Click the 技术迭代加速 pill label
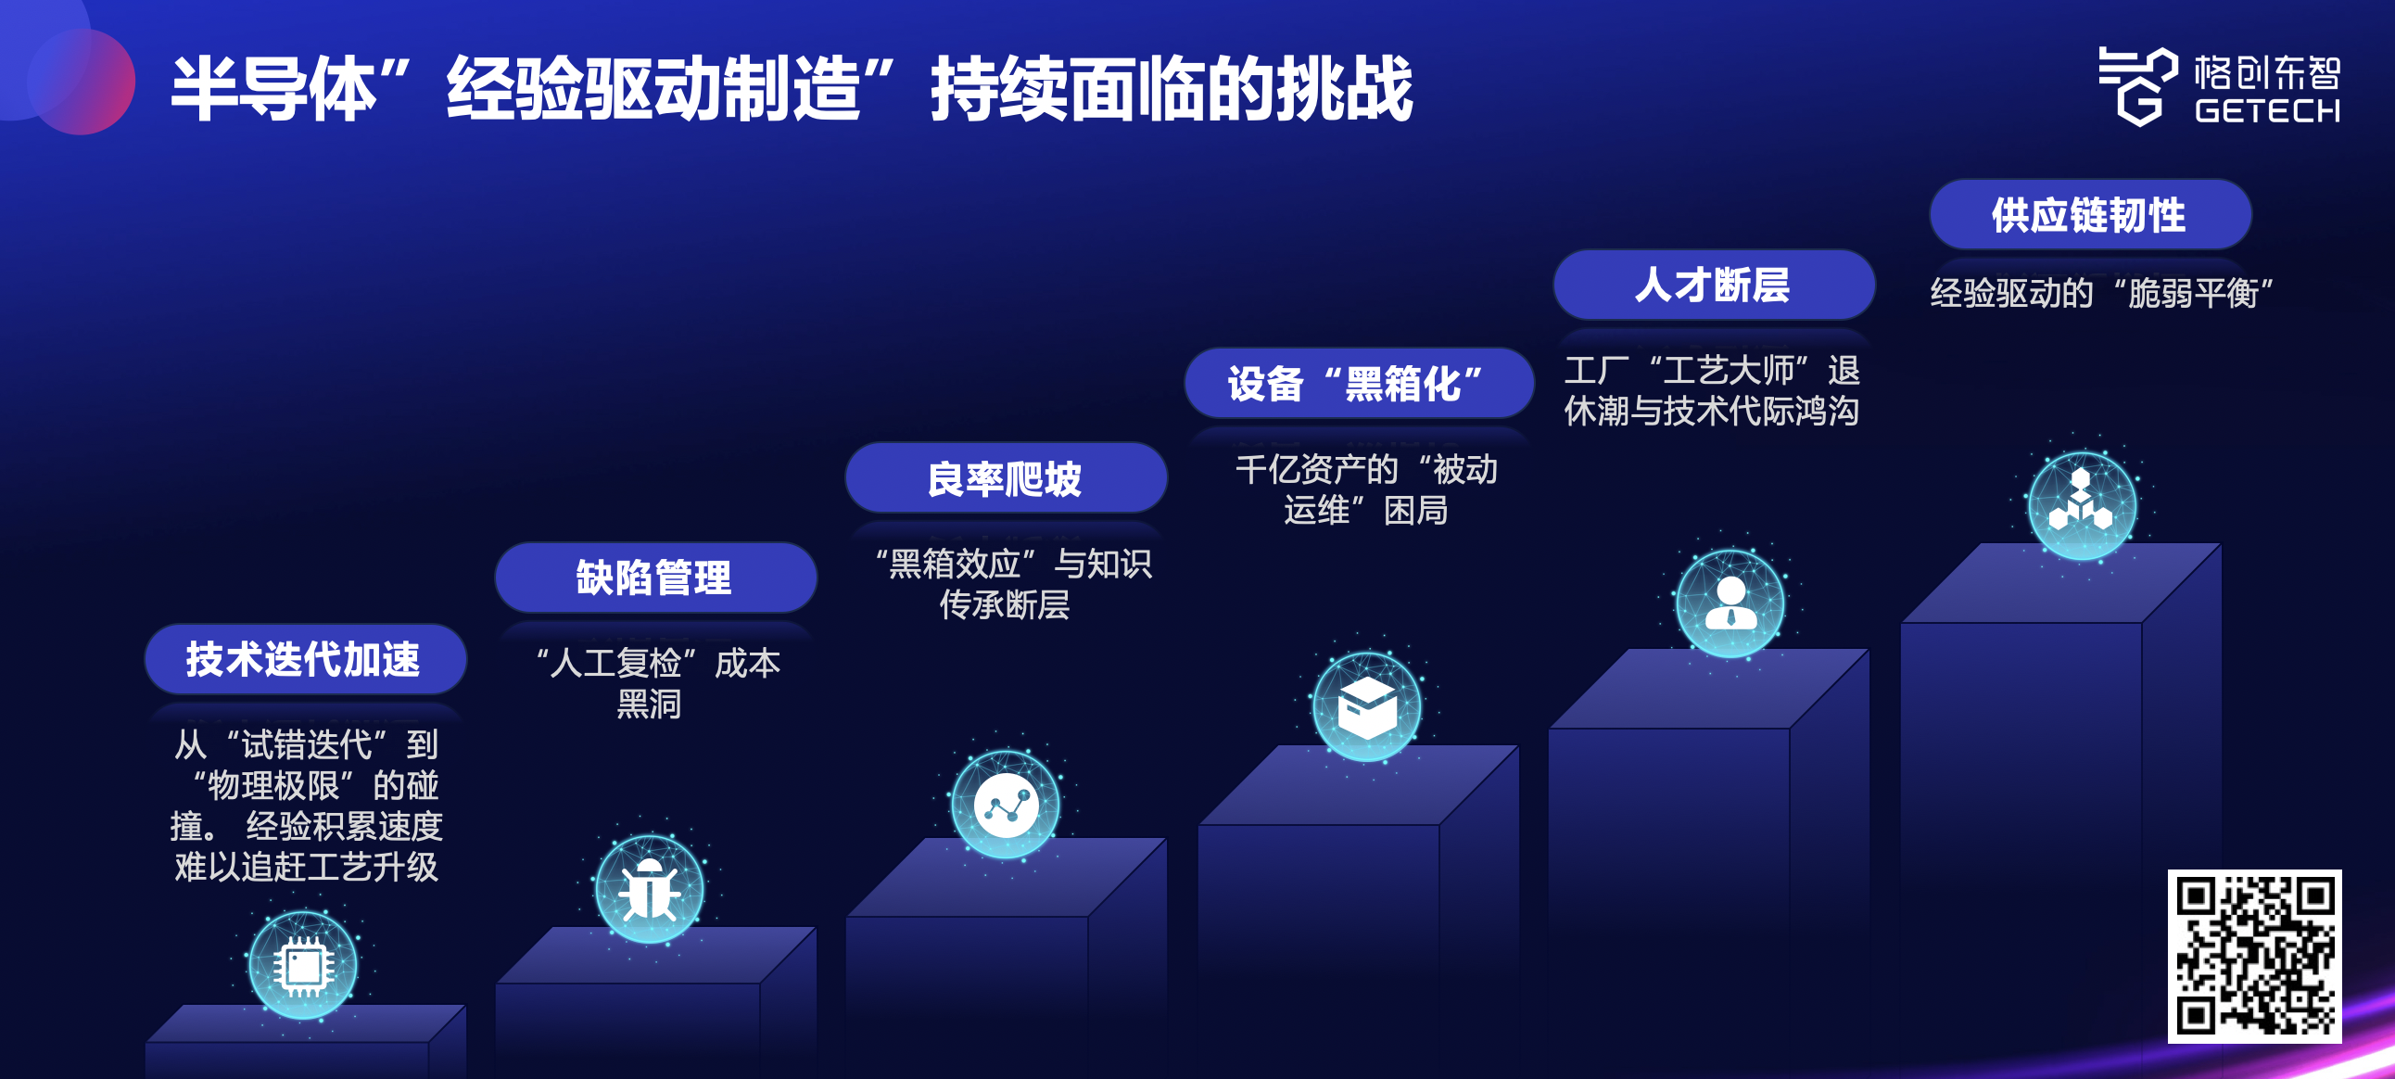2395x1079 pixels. [305, 658]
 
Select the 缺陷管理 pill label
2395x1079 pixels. [655, 578]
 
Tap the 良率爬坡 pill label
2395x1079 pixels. [1006, 478]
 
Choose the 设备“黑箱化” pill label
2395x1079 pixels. [1359, 383]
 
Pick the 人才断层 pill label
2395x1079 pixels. [1714, 285]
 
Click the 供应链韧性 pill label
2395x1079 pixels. [2090, 215]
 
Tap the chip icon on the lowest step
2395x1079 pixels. [303, 966]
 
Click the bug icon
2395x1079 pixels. [650, 888]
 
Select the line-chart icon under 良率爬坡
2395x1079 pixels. [1006, 804]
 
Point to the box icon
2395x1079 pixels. [1367, 707]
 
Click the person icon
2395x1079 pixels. [1730, 603]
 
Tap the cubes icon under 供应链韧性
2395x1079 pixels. [2083, 506]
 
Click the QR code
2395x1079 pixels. [2255, 957]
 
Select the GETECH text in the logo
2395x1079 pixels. [2268, 110]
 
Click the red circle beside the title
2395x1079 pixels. [82, 82]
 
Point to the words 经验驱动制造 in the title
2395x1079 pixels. [653, 88]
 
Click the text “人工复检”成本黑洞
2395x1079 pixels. [655, 684]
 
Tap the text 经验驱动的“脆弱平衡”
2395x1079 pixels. [2101, 293]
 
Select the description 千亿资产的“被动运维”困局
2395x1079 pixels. [1366, 489]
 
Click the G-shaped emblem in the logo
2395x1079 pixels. [2137, 86]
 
